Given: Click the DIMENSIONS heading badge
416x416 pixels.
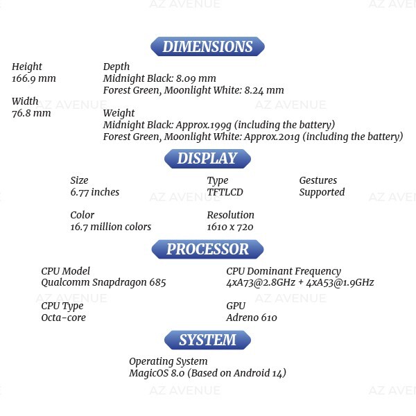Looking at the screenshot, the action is tap(207, 46).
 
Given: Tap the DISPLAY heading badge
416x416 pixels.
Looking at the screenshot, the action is tap(207, 159).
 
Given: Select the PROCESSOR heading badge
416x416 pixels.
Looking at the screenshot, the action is tap(207, 249).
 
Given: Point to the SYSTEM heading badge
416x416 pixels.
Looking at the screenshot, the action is tap(207, 340).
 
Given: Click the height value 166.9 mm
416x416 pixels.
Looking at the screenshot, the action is tap(34, 78).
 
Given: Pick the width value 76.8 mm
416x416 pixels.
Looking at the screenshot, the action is tap(31, 113).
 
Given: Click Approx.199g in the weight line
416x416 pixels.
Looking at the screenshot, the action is tap(204, 125).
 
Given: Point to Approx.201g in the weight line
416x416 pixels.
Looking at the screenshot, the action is tap(272, 137).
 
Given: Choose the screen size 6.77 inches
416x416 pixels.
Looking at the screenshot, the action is tap(95, 192).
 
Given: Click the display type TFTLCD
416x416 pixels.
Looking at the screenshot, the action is tap(225, 192).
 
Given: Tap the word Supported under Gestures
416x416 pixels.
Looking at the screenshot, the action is tap(322, 192).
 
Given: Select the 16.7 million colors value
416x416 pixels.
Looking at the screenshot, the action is tap(111, 227).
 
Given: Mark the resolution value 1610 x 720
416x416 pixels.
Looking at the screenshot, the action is tap(230, 227).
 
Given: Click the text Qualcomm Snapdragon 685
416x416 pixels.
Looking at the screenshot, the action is tap(103, 283).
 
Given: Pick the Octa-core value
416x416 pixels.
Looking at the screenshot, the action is tap(63, 318).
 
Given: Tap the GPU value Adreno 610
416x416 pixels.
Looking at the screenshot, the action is tap(252, 318).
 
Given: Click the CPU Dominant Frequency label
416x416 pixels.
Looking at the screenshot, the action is tap(284, 271).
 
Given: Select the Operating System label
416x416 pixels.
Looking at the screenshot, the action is tap(168, 362).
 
